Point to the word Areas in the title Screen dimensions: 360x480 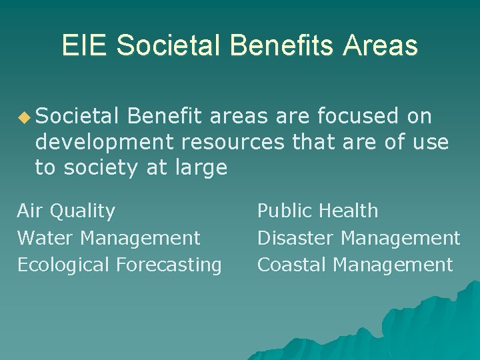point(381,45)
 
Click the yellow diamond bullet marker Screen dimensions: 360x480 point(25,118)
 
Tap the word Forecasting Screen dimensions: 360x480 point(169,265)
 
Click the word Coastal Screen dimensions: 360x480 point(292,265)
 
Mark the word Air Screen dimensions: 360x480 point(29,211)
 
